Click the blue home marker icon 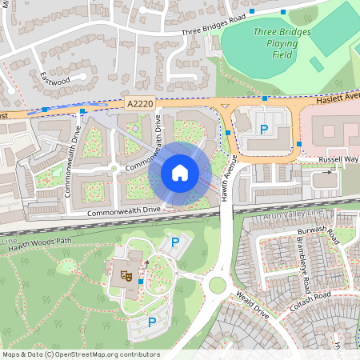[x=180, y=172]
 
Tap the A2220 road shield [x=138, y=104]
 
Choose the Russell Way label [x=340, y=159]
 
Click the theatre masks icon [x=125, y=275]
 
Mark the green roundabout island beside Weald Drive [x=216, y=284]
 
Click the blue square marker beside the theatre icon [x=141, y=282]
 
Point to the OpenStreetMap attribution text [x=80, y=354]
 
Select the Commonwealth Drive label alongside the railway [x=123, y=210]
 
